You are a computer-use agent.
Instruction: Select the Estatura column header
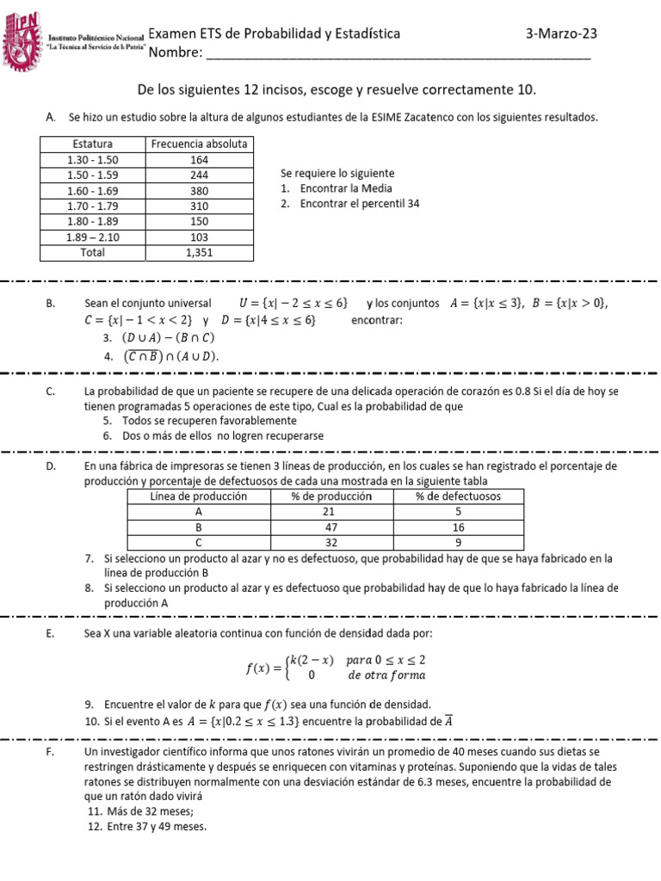[x=92, y=144]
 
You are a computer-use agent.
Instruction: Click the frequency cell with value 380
[x=199, y=190]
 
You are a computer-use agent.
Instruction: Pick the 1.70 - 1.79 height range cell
[x=92, y=206]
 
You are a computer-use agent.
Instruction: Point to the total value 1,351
[x=199, y=253]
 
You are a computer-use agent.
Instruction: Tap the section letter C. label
[x=53, y=391]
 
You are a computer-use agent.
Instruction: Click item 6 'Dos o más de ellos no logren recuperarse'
[x=212, y=436]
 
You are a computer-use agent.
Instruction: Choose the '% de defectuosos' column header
[x=457, y=496]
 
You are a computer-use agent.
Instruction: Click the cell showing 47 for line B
[x=331, y=527]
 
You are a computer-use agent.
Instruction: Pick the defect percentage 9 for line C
[x=457, y=543]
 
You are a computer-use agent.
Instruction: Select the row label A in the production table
[x=199, y=512]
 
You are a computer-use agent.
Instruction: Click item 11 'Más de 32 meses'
[x=140, y=811]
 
